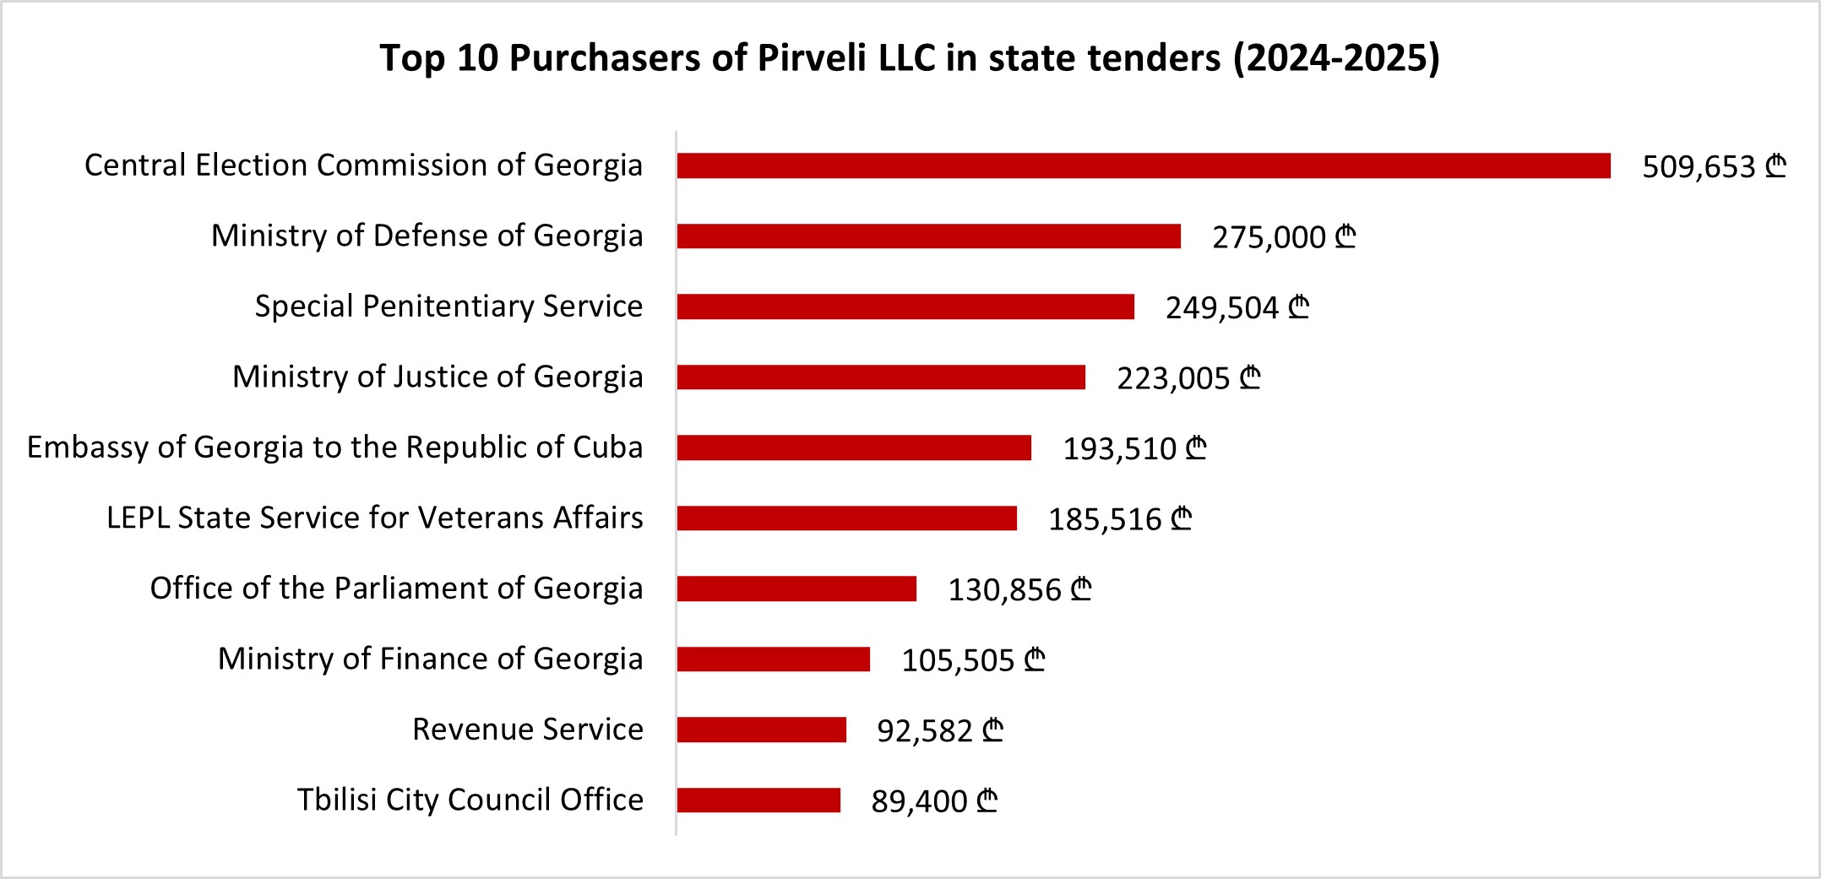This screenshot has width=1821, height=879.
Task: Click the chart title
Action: pos(910,58)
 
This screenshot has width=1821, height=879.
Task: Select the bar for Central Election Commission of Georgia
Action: pos(1144,166)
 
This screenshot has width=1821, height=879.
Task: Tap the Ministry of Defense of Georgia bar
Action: pos(928,236)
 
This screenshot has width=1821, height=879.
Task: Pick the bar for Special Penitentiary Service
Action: pos(905,307)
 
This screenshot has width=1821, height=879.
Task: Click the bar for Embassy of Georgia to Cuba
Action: pos(854,448)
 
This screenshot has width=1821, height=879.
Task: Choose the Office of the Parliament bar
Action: pos(796,589)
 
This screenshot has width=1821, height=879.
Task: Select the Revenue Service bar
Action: pos(761,730)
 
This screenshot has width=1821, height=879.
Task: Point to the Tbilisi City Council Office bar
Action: pos(758,800)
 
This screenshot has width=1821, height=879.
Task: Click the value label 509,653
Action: pos(1699,167)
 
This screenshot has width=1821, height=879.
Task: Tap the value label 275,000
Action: pos(1269,238)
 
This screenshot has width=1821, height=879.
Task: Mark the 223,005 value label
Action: pos(1173,379)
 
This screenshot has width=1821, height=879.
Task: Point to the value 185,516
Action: pos(1105,520)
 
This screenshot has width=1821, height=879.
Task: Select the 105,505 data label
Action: pos(958,660)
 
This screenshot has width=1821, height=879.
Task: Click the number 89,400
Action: pos(919,801)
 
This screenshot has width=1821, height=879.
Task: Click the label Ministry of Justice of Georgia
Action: pos(438,377)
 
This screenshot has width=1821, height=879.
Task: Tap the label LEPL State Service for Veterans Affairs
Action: pos(374,518)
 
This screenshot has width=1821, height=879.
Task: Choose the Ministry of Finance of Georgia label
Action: pos(430,659)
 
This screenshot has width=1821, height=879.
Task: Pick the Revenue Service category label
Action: pos(527,730)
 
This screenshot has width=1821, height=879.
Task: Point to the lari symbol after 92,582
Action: pos(993,730)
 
